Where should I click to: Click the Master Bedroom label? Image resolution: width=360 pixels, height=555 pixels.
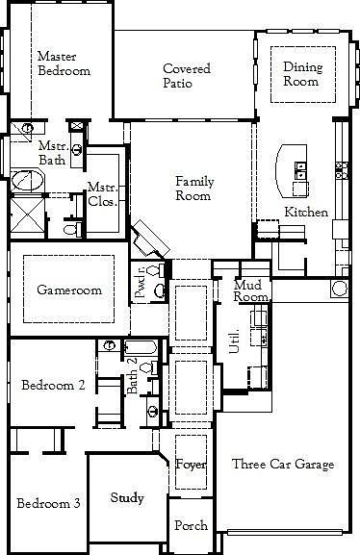(x=64, y=63)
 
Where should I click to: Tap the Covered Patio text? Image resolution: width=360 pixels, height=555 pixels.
(x=187, y=76)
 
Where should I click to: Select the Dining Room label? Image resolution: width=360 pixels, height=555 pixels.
(x=301, y=74)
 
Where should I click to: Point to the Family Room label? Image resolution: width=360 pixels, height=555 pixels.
(x=193, y=189)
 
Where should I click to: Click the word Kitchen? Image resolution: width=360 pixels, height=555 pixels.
(x=306, y=212)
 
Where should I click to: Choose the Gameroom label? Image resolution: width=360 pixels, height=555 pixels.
(x=64, y=290)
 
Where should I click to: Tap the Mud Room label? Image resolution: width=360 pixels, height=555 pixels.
(x=250, y=290)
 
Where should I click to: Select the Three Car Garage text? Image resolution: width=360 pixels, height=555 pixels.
(x=283, y=465)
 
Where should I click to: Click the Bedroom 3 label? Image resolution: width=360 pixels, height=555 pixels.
(x=48, y=502)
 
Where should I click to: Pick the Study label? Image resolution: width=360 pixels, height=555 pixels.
(x=127, y=497)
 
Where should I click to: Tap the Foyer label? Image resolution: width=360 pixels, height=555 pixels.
(x=191, y=465)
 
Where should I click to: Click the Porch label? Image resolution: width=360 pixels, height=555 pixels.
(x=191, y=526)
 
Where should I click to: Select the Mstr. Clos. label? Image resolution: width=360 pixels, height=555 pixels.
(x=102, y=194)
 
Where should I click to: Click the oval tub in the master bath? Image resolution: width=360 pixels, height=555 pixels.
(x=27, y=180)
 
